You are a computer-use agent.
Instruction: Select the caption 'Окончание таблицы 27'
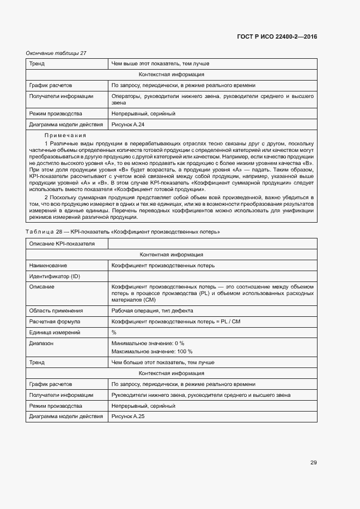[56, 53]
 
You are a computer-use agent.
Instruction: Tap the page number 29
[313, 463]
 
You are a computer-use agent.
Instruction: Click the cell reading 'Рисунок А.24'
[127, 125]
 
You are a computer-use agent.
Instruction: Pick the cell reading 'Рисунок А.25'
[127, 416]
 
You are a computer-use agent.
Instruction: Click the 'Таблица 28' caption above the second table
[123, 231]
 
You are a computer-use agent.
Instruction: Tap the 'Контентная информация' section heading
[171, 254]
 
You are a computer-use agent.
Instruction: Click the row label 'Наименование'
[48, 265]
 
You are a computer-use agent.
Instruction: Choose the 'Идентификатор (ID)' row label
[54, 277]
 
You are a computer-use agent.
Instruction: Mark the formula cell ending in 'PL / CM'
[175, 321]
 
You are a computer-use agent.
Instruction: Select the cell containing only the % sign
[114, 332]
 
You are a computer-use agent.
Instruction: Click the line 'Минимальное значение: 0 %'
[148, 344]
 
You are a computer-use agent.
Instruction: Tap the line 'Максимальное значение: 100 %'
[151, 351]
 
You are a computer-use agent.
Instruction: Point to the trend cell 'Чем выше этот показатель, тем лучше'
[160, 63]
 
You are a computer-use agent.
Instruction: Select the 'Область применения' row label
[56, 310]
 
